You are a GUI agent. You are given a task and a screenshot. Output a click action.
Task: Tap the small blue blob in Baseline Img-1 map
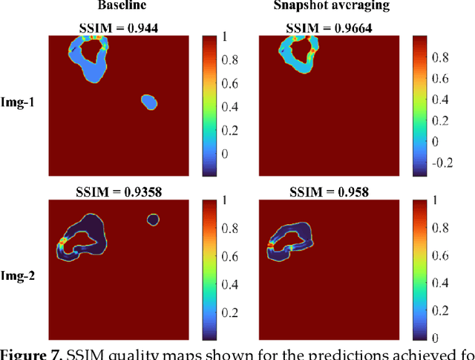[x=148, y=102]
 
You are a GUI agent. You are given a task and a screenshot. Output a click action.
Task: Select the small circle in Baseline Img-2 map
[x=153, y=219]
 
